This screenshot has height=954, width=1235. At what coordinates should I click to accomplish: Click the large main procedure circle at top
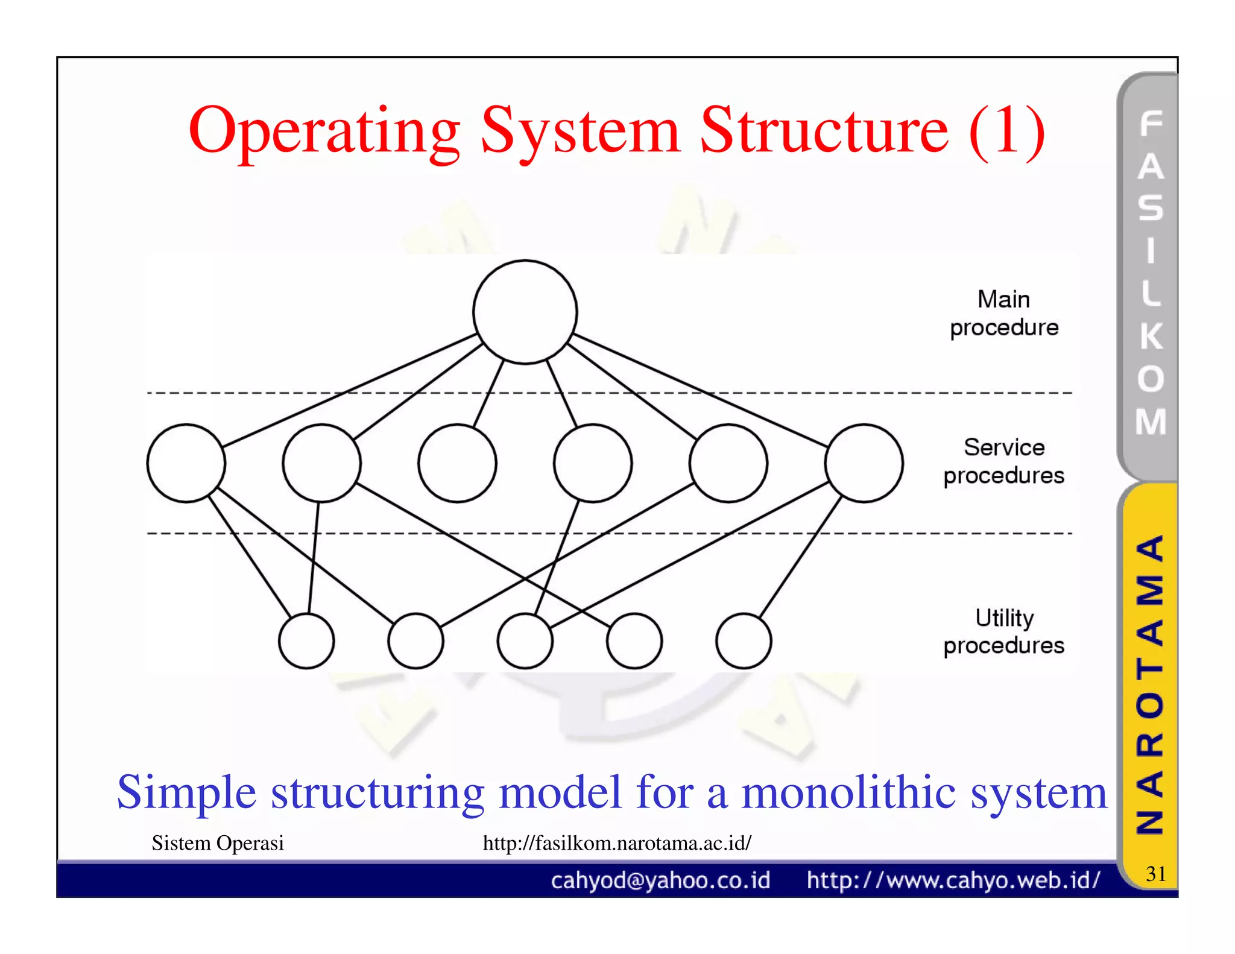pyautogui.click(x=525, y=312)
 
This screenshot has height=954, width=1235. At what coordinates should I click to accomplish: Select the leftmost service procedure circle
pyautogui.click(x=186, y=463)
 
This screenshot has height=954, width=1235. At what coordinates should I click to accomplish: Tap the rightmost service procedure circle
pyautogui.click(x=864, y=463)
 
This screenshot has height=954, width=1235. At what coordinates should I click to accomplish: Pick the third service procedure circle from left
pyautogui.click(x=457, y=463)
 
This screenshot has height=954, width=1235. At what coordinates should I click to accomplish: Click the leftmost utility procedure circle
pyautogui.click(x=306, y=640)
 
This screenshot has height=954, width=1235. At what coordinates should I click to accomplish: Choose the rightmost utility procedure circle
pyautogui.click(x=743, y=640)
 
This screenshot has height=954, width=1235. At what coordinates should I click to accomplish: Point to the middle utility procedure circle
pyautogui.click(x=525, y=640)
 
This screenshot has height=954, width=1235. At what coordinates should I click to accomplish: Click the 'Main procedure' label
pyautogui.click(x=1003, y=313)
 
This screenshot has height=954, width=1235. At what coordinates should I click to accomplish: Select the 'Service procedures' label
pyautogui.click(x=1003, y=461)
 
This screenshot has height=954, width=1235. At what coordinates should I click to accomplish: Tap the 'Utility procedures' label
pyautogui.click(x=1003, y=631)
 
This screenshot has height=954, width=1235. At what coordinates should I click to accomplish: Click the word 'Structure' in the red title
pyautogui.click(x=824, y=131)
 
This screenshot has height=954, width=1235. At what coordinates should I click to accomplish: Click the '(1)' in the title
pyautogui.click(x=1006, y=131)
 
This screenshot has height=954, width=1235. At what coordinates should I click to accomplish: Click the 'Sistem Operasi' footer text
pyautogui.click(x=218, y=842)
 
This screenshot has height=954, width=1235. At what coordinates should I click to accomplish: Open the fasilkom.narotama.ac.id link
pyautogui.click(x=617, y=842)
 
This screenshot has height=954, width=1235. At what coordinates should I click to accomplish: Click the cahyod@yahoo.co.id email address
pyautogui.click(x=660, y=880)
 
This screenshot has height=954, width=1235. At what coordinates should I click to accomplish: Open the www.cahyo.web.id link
pyautogui.click(x=953, y=880)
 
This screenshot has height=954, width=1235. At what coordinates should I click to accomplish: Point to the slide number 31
pyautogui.click(x=1155, y=873)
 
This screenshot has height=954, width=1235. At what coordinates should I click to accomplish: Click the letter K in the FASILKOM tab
pyautogui.click(x=1151, y=336)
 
